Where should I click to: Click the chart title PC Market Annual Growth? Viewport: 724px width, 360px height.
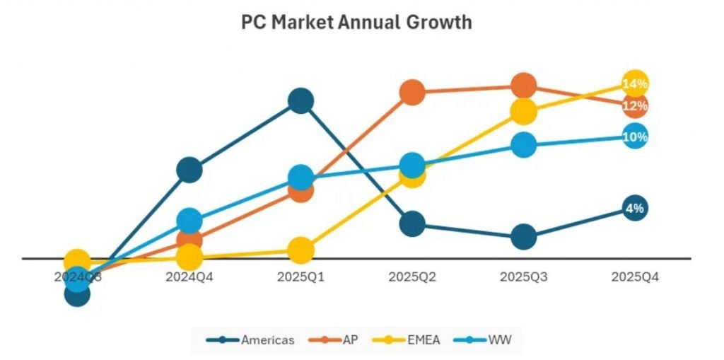coord(356,22)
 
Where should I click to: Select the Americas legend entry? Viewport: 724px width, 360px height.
coord(251,340)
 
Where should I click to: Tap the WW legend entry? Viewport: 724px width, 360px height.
coord(488,340)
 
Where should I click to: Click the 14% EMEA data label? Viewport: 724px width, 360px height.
coord(634,84)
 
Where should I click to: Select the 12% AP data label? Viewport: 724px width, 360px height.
coord(634,106)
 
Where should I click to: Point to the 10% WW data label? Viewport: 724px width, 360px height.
coord(634,137)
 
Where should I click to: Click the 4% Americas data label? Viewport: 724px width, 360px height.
coord(634,208)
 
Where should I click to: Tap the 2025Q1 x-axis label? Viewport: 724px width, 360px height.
coord(300,277)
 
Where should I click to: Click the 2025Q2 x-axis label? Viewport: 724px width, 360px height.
coord(412,277)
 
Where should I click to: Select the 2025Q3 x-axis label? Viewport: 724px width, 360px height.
coord(523,277)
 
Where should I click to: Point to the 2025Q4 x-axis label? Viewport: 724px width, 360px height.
coord(634,277)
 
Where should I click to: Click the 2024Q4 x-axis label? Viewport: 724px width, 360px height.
coord(189,277)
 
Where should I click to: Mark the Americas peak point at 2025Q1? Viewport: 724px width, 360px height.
coord(300,101)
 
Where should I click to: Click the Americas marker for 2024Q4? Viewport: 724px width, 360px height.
coord(189,170)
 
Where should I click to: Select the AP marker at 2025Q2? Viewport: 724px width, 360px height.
coord(412,92)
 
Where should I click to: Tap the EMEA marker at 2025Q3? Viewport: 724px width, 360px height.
coord(523,111)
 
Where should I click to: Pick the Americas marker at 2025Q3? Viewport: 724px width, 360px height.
coord(523,237)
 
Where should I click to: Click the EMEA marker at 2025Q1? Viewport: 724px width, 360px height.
coord(300,250)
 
